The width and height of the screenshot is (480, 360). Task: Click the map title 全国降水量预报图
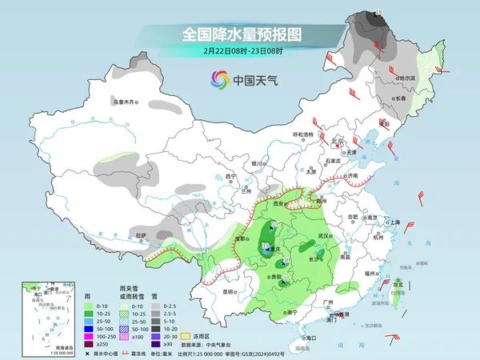240,34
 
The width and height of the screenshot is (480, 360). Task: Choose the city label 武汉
324,237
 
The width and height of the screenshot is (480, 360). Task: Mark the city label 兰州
246,192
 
